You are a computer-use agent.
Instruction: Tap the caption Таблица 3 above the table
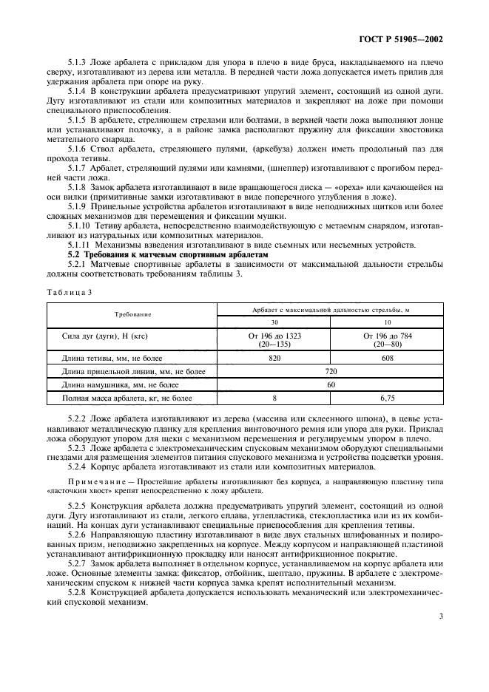point(69,292)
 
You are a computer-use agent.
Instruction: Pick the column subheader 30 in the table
point(274,322)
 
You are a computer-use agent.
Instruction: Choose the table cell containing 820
point(274,358)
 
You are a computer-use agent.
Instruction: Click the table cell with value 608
point(387,358)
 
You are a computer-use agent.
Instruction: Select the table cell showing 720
point(331,371)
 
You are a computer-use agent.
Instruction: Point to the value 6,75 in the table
point(387,398)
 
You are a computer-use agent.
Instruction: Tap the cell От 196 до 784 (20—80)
point(387,339)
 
